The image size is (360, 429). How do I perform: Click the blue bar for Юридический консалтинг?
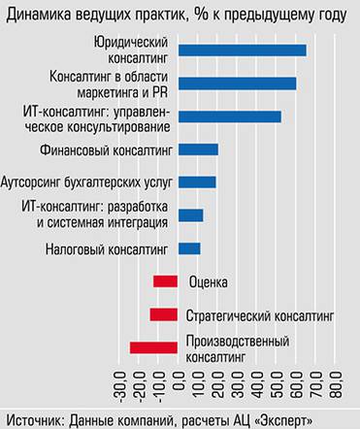coord(243,50)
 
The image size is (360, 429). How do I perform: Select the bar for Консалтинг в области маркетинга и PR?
coord(238,83)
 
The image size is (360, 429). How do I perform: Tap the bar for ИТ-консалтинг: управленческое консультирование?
coord(230,116)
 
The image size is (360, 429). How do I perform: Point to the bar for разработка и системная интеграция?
coord(191,214)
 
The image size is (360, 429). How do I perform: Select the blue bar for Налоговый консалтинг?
coord(190,248)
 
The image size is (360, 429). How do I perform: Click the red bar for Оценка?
coord(166,281)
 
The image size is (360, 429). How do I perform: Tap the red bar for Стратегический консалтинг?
coord(164,314)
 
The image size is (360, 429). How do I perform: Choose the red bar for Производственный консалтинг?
coord(154,347)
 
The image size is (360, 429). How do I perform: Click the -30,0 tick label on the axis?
coord(121,388)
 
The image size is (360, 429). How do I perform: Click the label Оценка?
coord(208,282)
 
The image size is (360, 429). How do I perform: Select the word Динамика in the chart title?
coord(38,12)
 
